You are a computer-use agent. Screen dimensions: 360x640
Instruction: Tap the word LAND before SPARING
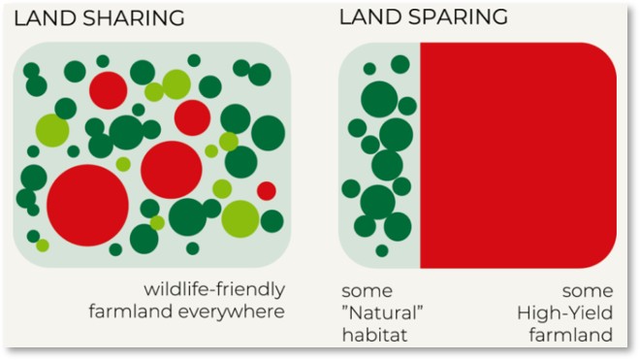pos(368,18)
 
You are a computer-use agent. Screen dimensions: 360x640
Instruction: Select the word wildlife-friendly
pos(214,290)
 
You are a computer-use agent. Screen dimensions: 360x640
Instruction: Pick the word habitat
pos(372,336)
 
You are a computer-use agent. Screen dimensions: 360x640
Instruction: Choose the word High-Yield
pos(566,312)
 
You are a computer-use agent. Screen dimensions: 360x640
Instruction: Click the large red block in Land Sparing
pos(519,155)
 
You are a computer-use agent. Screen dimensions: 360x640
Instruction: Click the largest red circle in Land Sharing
pos(87,205)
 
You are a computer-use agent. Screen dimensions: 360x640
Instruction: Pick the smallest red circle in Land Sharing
pos(266,191)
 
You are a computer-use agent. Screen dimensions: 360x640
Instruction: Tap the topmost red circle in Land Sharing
pos(109,89)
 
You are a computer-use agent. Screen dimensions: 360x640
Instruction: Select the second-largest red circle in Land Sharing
pos(171,170)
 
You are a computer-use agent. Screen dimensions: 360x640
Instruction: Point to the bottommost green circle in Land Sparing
pos(381,251)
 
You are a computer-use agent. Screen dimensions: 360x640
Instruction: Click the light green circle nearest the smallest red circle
pos(240,217)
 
